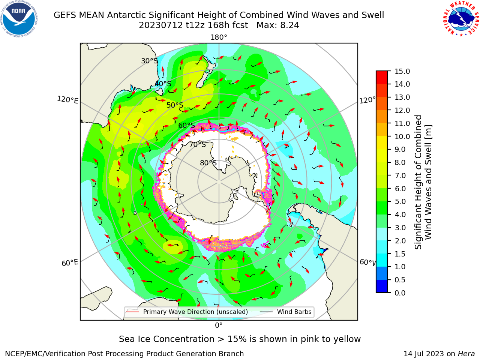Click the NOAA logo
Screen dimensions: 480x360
(x=19, y=19)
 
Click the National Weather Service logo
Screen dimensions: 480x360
(x=460, y=19)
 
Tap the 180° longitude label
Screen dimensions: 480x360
(x=219, y=37)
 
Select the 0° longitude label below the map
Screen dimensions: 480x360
(x=219, y=325)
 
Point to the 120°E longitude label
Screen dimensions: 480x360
(x=67, y=100)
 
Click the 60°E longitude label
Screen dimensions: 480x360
(x=70, y=263)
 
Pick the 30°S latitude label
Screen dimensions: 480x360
(x=149, y=61)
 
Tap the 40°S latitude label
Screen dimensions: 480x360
(x=163, y=84)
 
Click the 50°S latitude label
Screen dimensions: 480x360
(x=175, y=105)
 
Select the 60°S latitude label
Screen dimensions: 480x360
(x=186, y=125)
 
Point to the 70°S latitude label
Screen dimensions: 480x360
(x=198, y=144)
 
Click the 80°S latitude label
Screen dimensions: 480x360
(x=208, y=163)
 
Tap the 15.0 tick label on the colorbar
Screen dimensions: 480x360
(x=402, y=71)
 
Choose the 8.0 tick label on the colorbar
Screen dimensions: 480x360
(x=400, y=163)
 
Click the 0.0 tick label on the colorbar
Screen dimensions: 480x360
(x=400, y=293)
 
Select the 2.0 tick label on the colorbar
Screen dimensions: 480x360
(x=400, y=241)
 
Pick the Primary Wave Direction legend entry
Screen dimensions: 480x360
(x=187, y=312)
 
